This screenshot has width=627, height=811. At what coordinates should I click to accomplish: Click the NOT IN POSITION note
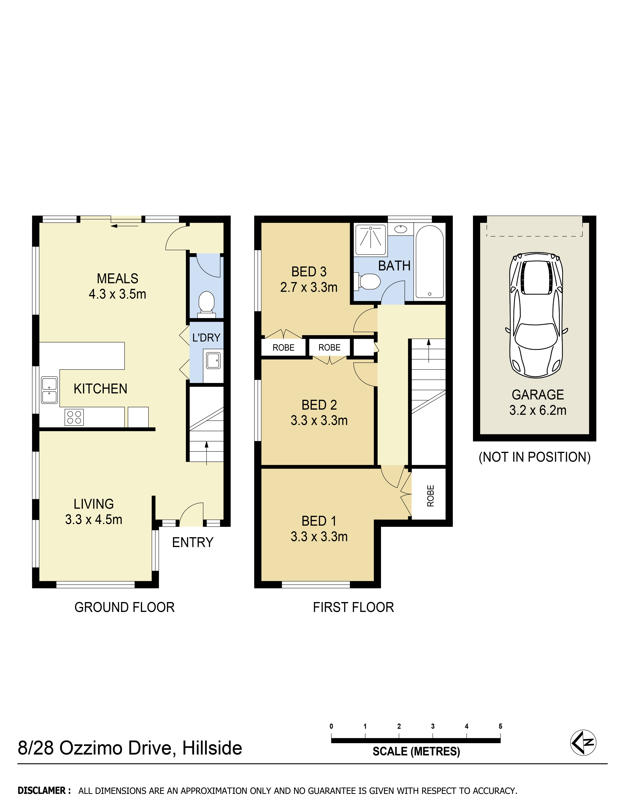(x=534, y=457)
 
